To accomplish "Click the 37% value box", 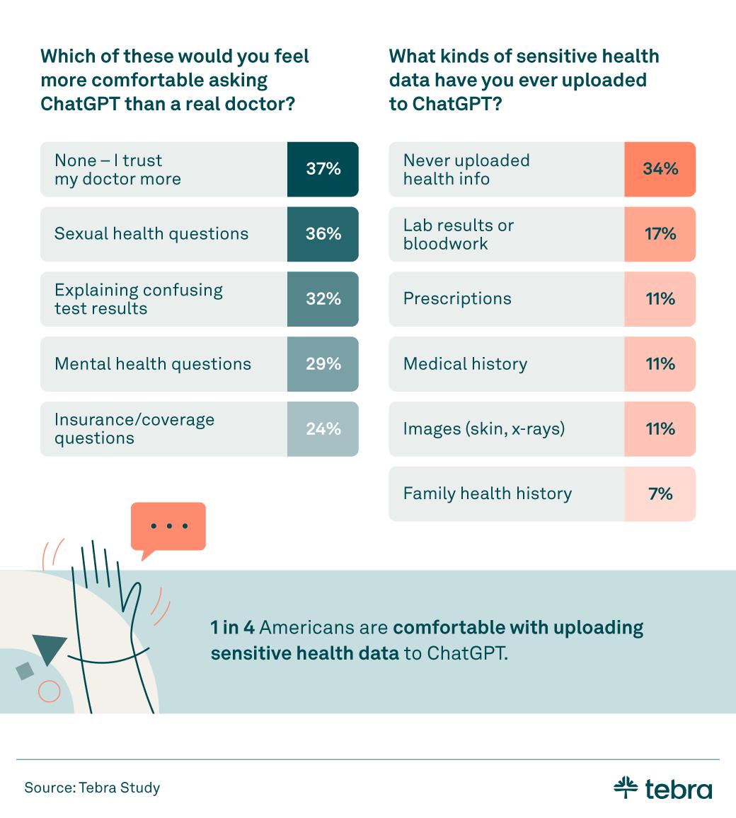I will tap(323, 169).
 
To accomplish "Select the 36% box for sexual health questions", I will tap(323, 234).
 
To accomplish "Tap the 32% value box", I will tap(323, 299).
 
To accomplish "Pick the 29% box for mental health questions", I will tap(323, 364).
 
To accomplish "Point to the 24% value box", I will tap(323, 429).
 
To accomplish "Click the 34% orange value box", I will tap(660, 169).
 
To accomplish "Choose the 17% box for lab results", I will tap(660, 234).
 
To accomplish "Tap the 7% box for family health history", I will tap(660, 494).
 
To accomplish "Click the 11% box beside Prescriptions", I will tap(660, 299).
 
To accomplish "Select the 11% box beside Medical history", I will tap(660, 364).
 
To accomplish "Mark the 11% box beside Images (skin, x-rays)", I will tap(660, 429).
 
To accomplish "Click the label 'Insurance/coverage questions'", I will tap(134, 429).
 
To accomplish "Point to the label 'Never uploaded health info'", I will tap(466, 170).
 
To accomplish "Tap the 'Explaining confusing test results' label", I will tap(139, 299).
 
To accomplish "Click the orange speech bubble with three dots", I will tap(168, 527).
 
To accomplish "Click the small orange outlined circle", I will tap(49, 691).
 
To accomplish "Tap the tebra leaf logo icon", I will tap(626, 787).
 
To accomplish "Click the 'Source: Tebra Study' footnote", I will tap(92, 788).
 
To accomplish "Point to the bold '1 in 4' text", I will tap(232, 628).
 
